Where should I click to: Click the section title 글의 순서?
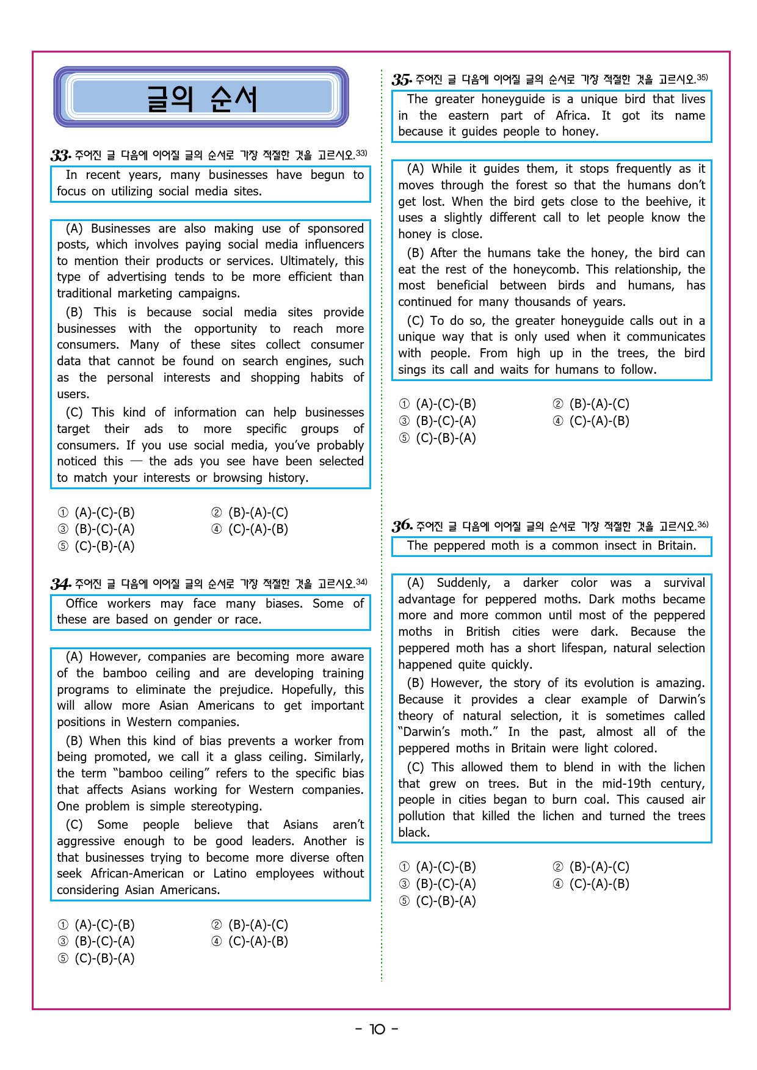[201, 98]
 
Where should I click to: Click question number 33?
[60, 155]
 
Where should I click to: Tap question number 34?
[60, 584]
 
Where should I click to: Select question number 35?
[402, 79]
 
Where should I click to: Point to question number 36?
[402, 526]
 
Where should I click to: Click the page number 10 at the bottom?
[377, 1029]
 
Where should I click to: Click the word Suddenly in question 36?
[463, 583]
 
